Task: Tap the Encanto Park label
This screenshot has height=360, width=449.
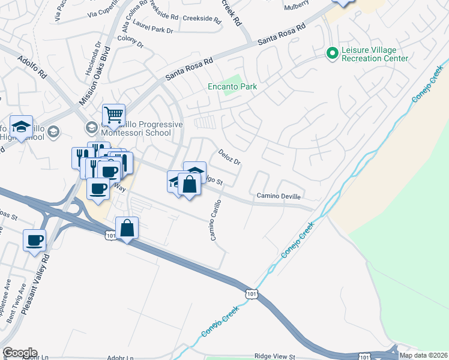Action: point(232,87)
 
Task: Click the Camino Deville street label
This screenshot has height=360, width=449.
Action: point(279,196)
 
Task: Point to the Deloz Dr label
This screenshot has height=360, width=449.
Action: point(229,157)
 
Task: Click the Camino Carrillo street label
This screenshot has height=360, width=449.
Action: point(215,220)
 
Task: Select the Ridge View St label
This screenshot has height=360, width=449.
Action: point(275,356)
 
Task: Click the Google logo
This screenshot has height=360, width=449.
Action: point(20,353)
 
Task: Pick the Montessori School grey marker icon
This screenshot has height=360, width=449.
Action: point(91,127)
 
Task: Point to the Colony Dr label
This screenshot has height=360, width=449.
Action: point(131,43)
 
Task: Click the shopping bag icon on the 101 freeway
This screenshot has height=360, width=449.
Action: point(127,227)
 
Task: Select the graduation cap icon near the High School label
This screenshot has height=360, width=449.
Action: point(22,127)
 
